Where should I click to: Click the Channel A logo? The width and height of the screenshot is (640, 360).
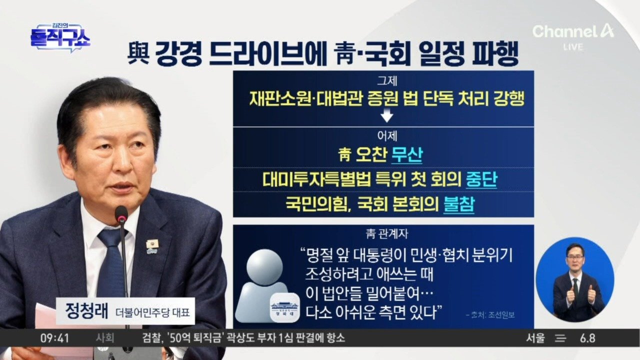tap(573, 31)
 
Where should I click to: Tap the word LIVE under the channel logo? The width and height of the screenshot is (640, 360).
tap(573, 47)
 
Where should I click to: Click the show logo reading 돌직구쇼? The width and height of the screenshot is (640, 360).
tap(60, 37)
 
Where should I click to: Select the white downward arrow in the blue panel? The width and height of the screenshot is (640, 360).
tap(387, 115)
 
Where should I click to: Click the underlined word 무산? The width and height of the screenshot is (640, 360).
tap(406, 155)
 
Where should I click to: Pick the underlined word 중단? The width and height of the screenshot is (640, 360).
tap(481, 179)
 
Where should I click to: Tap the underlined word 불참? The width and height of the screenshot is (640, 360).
tap(459, 204)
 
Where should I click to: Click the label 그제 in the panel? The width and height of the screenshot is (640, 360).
tap(387, 81)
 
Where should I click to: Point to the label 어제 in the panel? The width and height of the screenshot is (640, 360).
tap(387, 136)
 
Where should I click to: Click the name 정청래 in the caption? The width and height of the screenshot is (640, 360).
tap(87, 311)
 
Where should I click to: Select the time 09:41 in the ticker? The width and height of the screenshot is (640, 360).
tap(54, 338)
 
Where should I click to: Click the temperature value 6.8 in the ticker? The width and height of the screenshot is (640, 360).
tap(587, 338)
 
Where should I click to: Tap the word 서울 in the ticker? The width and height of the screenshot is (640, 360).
tap(535, 338)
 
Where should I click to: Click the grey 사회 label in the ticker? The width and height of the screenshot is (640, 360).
tap(105, 338)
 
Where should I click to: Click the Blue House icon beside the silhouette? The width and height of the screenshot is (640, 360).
tap(285, 308)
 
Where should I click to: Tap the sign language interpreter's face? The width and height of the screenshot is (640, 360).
tap(574, 257)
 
